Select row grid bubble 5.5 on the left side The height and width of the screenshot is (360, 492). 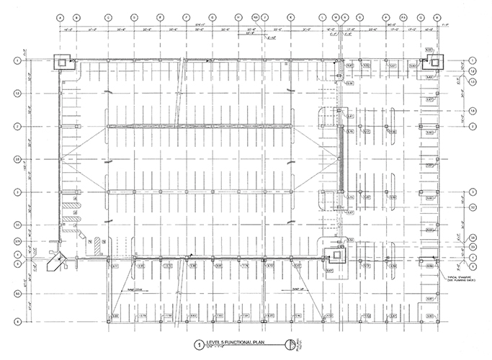(16, 292)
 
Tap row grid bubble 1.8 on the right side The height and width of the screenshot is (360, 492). (473, 110)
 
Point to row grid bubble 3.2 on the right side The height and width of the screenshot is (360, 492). (473, 206)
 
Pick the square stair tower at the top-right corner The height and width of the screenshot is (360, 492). (436, 62)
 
